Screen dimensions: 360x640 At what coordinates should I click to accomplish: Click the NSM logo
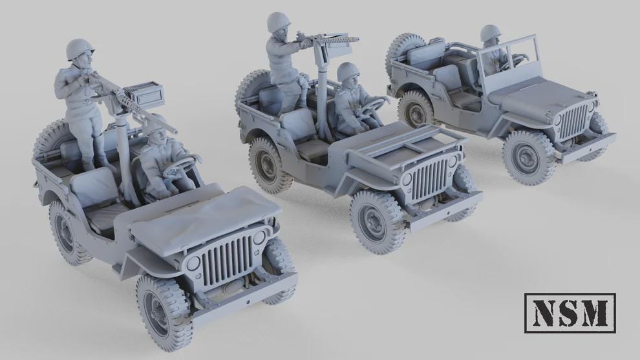click(x=570, y=313)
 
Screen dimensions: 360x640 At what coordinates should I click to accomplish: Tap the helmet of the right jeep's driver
click(x=491, y=33)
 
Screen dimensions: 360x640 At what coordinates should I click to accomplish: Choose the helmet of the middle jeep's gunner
click(x=278, y=22)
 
